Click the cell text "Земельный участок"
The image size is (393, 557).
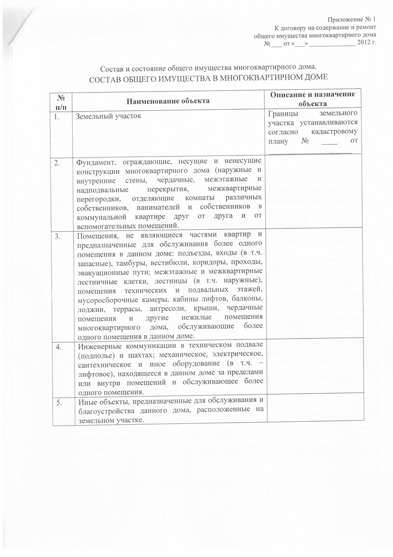click(108, 117)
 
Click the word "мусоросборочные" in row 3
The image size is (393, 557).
click(109, 301)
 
